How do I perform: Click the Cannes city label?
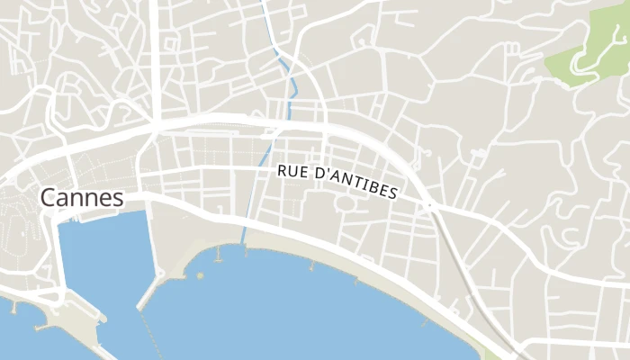81,198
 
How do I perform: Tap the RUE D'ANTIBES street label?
337,180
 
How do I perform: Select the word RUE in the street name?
292,170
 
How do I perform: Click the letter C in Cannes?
48,198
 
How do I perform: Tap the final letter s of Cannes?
118,199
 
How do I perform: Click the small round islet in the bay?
200,275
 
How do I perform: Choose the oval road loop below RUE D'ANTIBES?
347,203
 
